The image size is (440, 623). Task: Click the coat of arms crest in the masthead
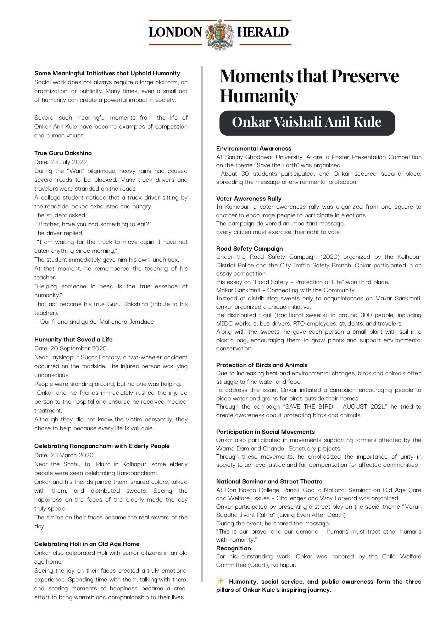[x=220, y=34]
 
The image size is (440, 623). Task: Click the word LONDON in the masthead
[x=175, y=33]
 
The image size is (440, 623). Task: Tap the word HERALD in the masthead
[x=263, y=33]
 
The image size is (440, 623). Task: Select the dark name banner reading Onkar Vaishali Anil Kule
[x=307, y=123]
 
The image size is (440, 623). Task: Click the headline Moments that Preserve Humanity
[x=309, y=86]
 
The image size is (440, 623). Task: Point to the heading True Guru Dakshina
[x=63, y=153]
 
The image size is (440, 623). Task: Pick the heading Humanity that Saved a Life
[x=73, y=340]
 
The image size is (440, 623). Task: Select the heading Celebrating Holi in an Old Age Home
[x=87, y=544]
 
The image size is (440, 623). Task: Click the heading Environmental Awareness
[x=254, y=149]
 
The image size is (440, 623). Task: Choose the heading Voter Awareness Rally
[x=249, y=199]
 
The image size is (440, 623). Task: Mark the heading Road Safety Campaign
[x=250, y=249]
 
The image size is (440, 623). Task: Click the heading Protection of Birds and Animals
[x=262, y=365]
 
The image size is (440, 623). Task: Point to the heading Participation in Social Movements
[x=266, y=432]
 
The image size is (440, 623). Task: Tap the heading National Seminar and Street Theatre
[x=269, y=482]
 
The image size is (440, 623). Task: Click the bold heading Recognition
[x=234, y=548]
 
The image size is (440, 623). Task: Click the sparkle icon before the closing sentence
[x=220, y=581]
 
